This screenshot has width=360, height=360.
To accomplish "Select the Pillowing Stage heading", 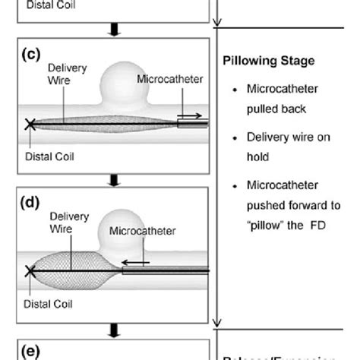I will (x=267, y=60).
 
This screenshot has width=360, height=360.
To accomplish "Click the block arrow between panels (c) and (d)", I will (x=115, y=180).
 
